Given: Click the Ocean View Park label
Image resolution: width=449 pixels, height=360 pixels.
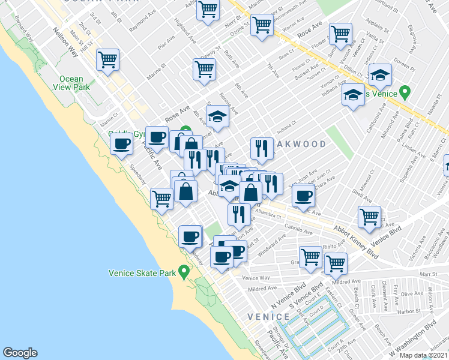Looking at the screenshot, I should point(71,83).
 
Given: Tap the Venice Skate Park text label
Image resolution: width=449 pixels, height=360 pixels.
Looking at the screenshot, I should point(142,272).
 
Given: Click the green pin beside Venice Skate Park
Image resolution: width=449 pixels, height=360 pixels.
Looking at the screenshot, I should point(184,272).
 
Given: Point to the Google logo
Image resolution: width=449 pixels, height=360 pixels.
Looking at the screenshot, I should point(20,353).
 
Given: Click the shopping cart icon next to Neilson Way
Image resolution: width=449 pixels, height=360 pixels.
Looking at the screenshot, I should point(107,60).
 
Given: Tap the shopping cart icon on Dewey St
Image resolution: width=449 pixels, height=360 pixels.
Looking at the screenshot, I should point(204,69).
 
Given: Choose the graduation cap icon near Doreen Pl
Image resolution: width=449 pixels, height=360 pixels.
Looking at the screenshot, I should point(379,74).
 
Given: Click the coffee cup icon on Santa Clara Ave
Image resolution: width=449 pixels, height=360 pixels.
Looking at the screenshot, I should point(304,194).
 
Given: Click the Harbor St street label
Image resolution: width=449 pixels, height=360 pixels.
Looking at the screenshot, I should point(411,311).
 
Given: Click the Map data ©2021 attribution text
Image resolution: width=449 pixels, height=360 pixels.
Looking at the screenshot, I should point(423,355).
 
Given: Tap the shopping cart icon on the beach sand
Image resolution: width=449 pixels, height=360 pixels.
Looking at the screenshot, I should point(162,197).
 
